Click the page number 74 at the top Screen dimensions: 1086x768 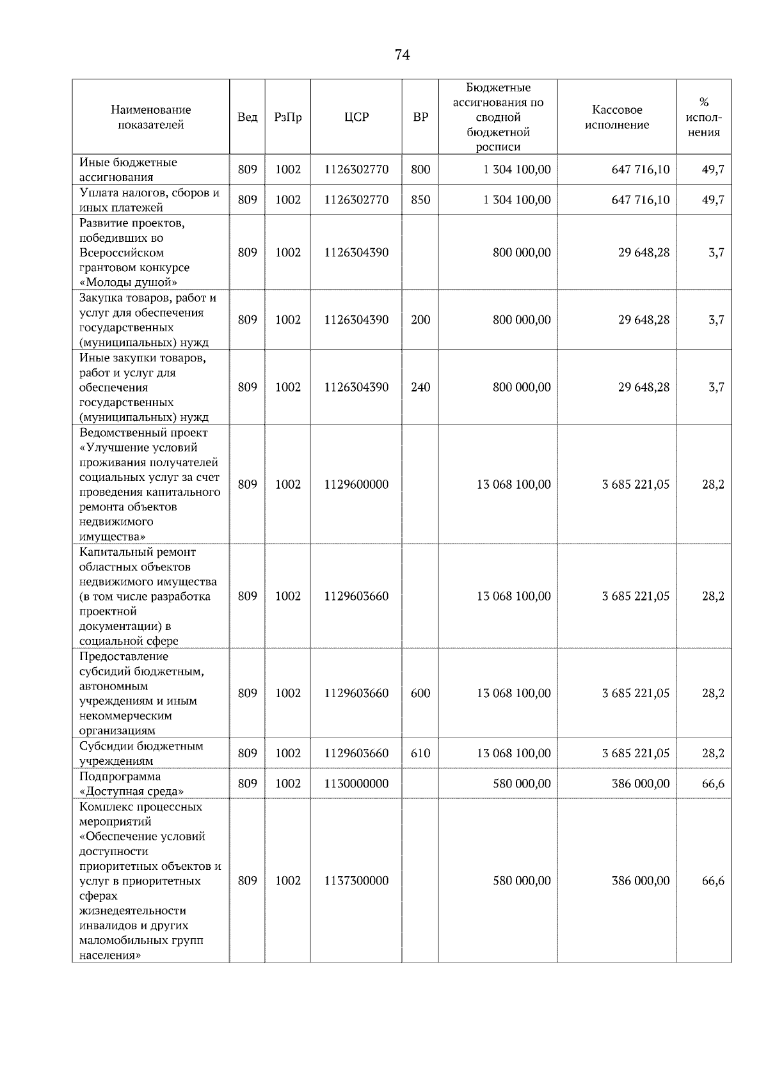pos(402,55)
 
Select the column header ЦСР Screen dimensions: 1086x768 pos(356,117)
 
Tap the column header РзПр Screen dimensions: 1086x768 pos(287,117)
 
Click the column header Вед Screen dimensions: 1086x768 pos(247,117)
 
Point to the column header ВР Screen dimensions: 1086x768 pos(420,117)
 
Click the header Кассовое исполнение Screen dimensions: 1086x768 pos(616,117)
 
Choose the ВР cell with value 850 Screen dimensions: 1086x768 pos(420,200)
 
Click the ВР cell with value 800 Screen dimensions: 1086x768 pos(420,169)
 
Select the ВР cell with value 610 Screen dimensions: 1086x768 pos(420,753)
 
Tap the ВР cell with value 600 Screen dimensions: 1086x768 pos(420,693)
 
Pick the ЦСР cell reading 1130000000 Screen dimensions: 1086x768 pos(356,783)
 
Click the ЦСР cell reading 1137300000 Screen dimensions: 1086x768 pos(356,881)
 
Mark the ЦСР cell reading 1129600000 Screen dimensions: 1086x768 pos(356,484)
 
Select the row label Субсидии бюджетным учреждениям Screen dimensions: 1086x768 pos(141,753)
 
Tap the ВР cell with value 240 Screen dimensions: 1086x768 pos(420,387)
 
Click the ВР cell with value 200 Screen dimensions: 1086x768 pos(420,320)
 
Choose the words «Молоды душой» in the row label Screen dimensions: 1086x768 pos(128,282)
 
